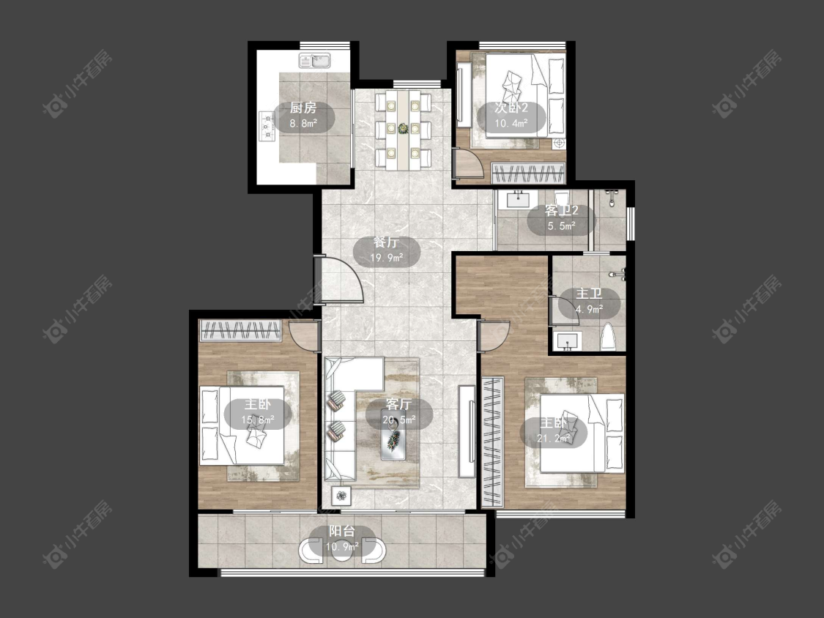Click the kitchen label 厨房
pos(303,108)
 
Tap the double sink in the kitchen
pos(314,62)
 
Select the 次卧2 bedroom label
pos(511,108)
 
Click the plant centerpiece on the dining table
pos(403,129)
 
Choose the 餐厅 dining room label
pos(386,242)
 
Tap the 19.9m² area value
pos(386,258)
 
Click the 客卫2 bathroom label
pos(562,211)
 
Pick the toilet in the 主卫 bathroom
pos(607,337)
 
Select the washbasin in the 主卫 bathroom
pos(567,341)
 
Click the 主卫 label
pos(589,294)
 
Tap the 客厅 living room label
pos(398,404)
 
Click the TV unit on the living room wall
pos(467,431)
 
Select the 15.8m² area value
pos(258,420)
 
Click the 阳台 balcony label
pos(342,532)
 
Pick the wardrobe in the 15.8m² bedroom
pos(241,330)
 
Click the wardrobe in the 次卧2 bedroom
pos(528,173)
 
